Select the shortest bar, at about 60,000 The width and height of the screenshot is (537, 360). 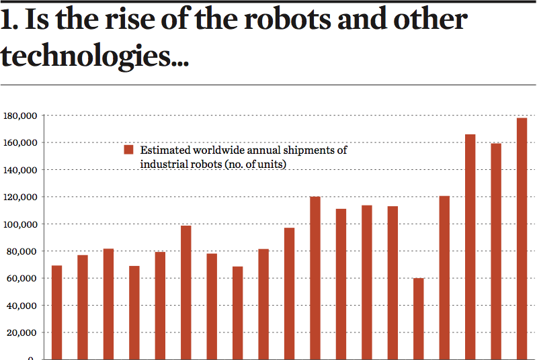tap(418, 318)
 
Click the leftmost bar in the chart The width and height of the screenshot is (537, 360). tap(57, 312)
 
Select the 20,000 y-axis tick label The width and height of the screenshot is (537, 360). tap(22, 332)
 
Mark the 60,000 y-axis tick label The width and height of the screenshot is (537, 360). tap(22, 278)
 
